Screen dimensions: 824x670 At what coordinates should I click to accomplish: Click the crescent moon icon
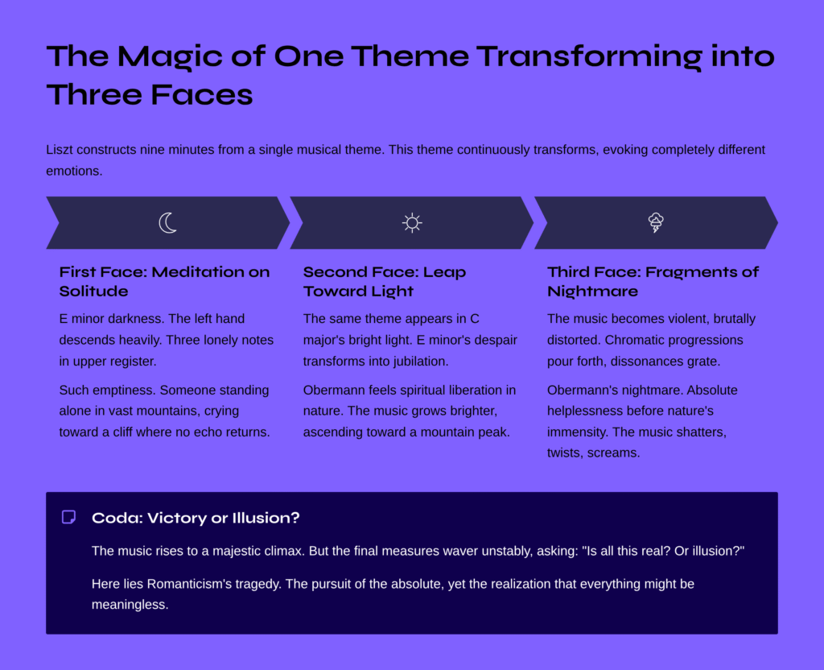tap(167, 223)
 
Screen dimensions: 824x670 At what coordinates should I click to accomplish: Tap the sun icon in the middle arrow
tap(412, 223)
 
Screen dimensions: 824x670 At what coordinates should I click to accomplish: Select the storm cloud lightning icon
tap(656, 223)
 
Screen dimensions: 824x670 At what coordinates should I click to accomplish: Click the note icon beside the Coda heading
tap(69, 518)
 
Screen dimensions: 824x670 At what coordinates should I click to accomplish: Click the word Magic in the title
tap(170, 56)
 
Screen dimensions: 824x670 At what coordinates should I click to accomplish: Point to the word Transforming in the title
tap(588, 56)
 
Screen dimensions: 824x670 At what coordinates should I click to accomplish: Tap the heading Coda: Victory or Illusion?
tap(196, 518)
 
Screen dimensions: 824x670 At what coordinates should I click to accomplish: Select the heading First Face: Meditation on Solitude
tap(164, 281)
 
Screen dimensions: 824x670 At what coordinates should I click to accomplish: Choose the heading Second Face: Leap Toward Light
tap(385, 281)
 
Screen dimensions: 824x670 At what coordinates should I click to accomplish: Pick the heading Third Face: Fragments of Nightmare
tap(653, 281)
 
